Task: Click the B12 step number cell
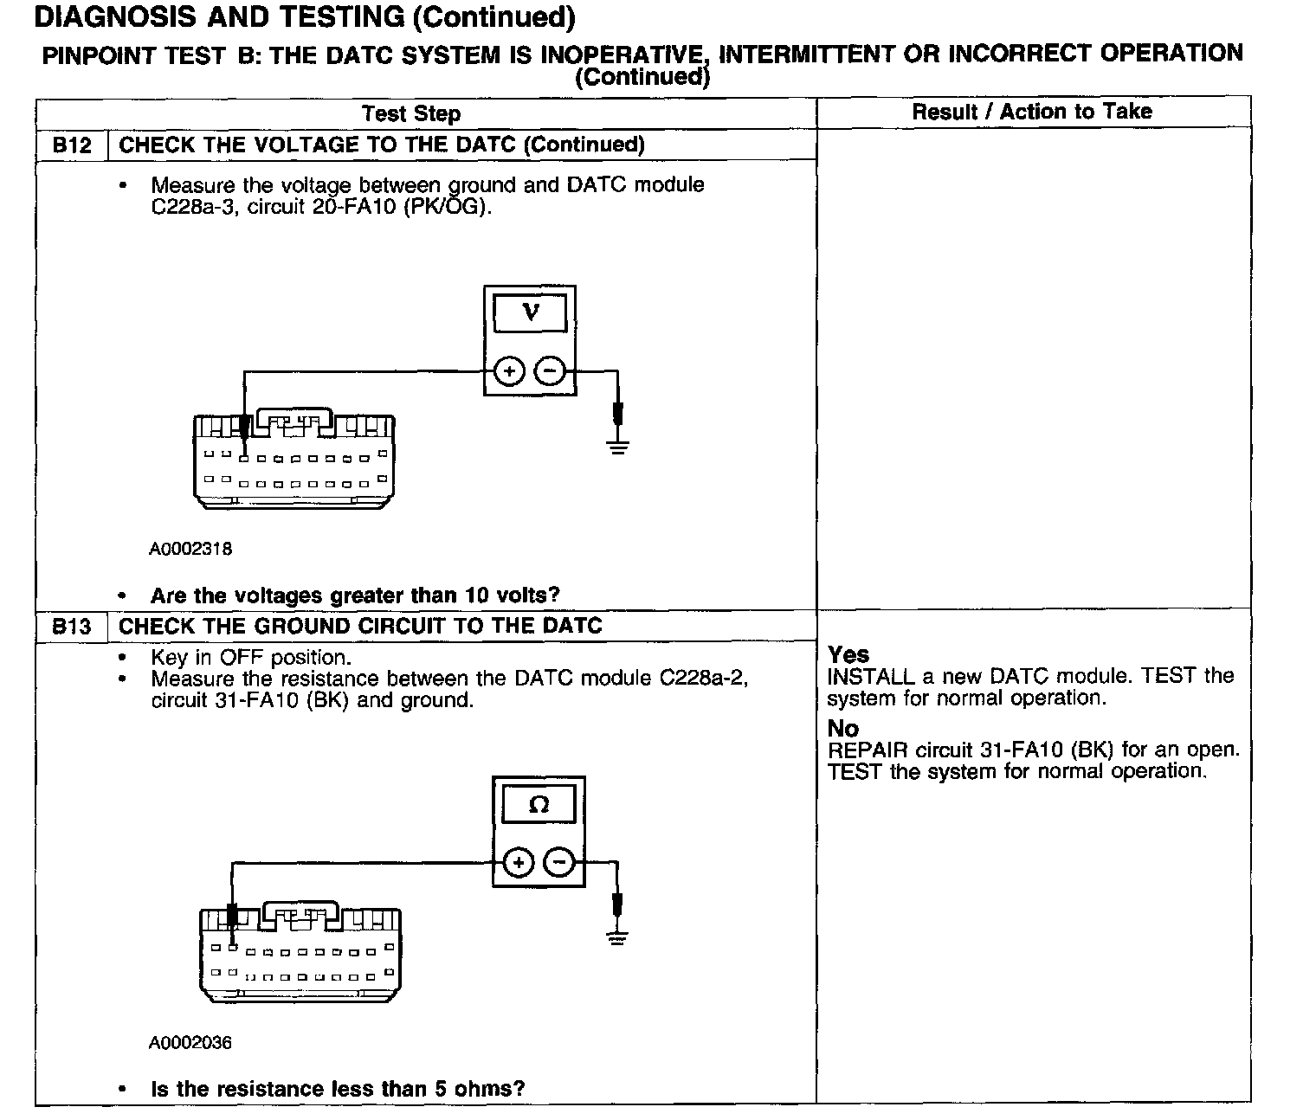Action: click(x=71, y=145)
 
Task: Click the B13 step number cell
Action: click(x=71, y=626)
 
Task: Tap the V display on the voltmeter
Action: click(x=531, y=312)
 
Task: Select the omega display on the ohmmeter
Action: click(x=539, y=805)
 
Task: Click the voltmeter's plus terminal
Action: click(x=509, y=371)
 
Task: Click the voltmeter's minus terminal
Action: click(x=550, y=371)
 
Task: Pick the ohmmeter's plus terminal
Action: click(x=518, y=862)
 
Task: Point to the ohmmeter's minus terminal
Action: click(x=559, y=862)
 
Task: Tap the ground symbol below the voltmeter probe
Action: click(x=617, y=447)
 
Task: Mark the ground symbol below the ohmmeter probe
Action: click(x=616, y=938)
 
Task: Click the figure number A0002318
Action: click(x=190, y=549)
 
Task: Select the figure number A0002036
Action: click(x=190, y=1042)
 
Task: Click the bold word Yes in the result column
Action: click(x=848, y=654)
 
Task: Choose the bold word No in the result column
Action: click(x=842, y=728)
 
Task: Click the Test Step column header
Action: click(x=411, y=113)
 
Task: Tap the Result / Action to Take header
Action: click(x=1032, y=112)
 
